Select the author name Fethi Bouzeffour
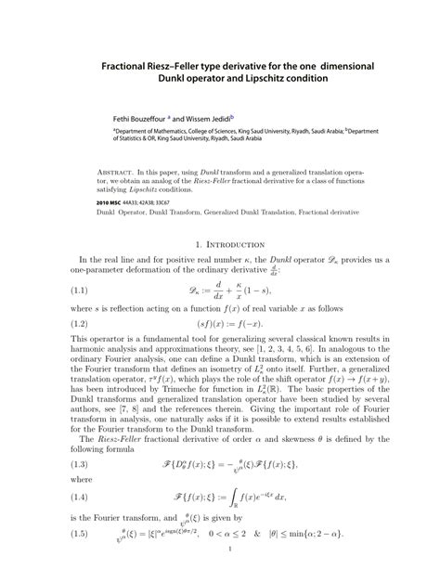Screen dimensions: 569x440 click(129, 120)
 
